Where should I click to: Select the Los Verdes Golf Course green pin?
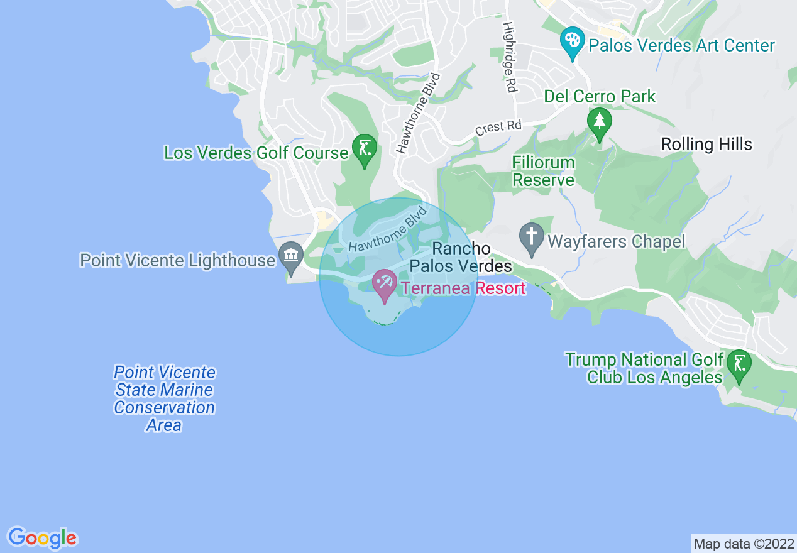coord(365,150)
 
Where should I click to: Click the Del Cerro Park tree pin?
coord(600,122)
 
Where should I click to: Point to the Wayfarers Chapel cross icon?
coord(532,238)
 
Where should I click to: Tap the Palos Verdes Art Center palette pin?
coord(573,42)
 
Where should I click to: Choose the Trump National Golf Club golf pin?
coord(739,364)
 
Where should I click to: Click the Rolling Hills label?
coord(706,145)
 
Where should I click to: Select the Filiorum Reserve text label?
coord(543,172)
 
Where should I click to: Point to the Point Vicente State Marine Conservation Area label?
coord(164,399)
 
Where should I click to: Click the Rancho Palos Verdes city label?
coord(461,258)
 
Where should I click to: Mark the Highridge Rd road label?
coord(508,58)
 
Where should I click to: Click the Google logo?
coord(43,538)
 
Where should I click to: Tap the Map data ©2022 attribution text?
coord(743,544)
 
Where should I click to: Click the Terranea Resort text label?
coord(463,288)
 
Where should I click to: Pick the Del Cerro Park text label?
coord(600,97)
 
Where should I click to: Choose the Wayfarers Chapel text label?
coord(616,242)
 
